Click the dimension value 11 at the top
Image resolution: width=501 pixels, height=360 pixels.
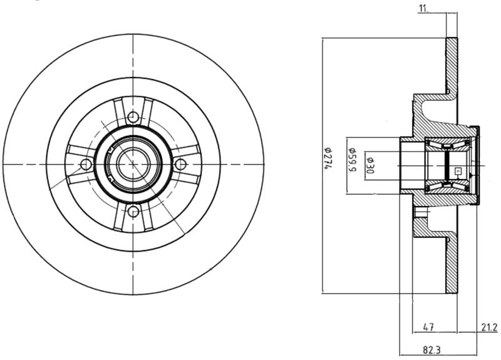(x=423, y=9)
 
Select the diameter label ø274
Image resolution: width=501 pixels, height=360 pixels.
(x=327, y=158)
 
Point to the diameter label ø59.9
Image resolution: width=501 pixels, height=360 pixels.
(x=351, y=160)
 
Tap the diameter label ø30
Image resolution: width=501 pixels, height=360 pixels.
(x=370, y=165)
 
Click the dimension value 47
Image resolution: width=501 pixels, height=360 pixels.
(x=428, y=327)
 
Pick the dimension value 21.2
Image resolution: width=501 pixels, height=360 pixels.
(x=489, y=327)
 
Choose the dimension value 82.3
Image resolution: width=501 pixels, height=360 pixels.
(x=431, y=350)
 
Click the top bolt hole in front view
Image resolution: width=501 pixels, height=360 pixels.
(x=133, y=117)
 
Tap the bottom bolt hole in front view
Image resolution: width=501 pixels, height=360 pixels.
(x=133, y=212)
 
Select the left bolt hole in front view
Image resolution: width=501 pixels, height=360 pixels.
(x=86, y=164)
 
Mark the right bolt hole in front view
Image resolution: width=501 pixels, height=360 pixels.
(x=180, y=164)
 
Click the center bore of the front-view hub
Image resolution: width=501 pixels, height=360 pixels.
(x=133, y=164)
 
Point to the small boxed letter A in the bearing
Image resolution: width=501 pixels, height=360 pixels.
(x=458, y=171)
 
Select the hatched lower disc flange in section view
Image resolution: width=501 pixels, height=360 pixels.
(x=452, y=265)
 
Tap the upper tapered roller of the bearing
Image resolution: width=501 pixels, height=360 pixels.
(x=447, y=145)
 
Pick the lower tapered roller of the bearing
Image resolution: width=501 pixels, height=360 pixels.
(x=447, y=185)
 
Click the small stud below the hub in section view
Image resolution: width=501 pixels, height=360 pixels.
(x=420, y=213)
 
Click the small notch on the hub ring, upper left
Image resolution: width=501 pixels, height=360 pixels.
(x=111, y=149)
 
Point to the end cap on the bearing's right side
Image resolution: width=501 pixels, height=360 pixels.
(x=477, y=165)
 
